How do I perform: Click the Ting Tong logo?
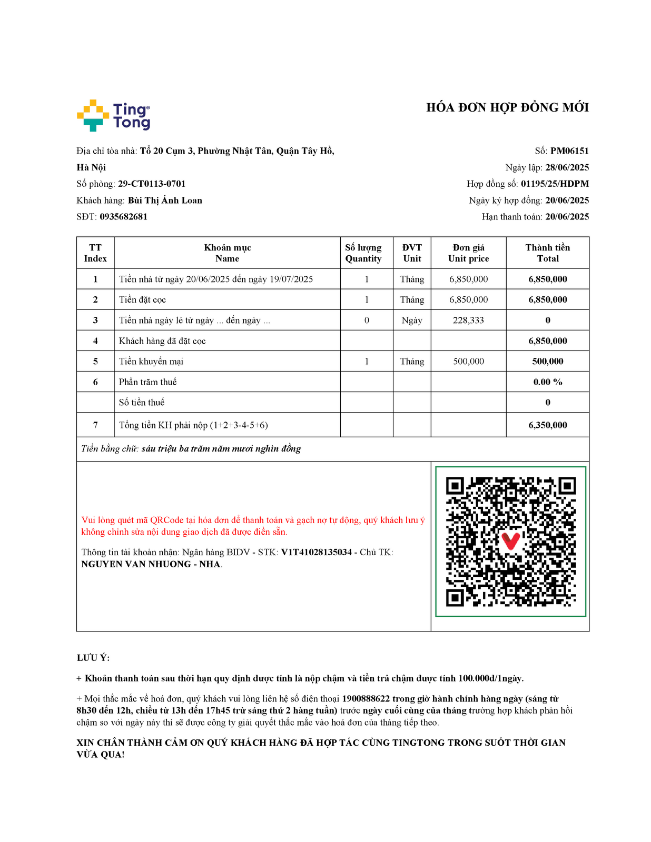pyautogui.click(x=113, y=115)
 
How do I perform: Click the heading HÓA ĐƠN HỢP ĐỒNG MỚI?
pyautogui.click(x=507, y=108)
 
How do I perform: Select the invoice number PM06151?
pyautogui.click(x=569, y=151)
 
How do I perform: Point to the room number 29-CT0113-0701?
pyautogui.click(x=152, y=184)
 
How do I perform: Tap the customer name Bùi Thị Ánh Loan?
pyautogui.click(x=165, y=201)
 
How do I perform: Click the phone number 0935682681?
pyautogui.click(x=123, y=217)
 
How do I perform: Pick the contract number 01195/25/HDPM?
pyautogui.click(x=555, y=184)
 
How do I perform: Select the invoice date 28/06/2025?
pyautogui.click(x=567, y=167)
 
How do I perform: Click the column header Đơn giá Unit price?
pyautogui.click(x=468, y=253)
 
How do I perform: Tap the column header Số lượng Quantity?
pyautogui.click(x=363, y=253)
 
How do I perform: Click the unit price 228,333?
pyautogui.click(x=468, y=320)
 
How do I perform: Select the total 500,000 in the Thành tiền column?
pyautogui.click(x=548, y=362)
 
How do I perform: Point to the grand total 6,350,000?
pyautogui.click(x=548, y=425)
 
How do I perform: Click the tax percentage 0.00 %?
pyautogui.click(x=548, y=382)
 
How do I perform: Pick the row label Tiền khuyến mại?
pyautogui.click(x=151, y=362)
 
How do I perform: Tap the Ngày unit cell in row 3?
pyautogui.click(x=412, y=320)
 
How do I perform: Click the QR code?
pyautogui.click(x=510, y=542)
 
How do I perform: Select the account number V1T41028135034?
pyautogui.click(x=316, y=553)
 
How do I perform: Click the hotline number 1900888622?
pyautogui.click(x=366, y=699)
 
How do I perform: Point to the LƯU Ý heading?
pyautogui.click(x=93, y=658)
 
